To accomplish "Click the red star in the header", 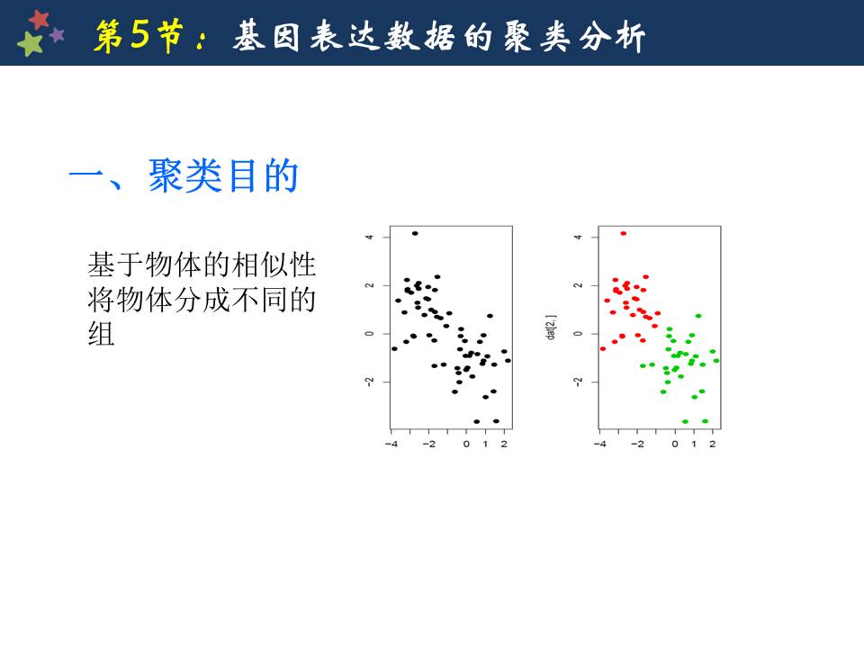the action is tap(39, 19).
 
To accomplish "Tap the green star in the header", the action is tap(31, 43).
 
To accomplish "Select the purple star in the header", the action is tap(58, 35).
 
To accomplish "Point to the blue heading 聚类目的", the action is tap(224, 175).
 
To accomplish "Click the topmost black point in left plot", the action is tap(415, 234).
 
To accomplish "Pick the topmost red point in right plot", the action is tap(623, 234).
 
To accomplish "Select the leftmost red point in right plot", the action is tap(603, 349).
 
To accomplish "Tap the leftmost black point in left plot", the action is tap(394, 349).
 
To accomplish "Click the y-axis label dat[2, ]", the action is tap(552, 328).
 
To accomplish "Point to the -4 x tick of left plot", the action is tap(391, 444).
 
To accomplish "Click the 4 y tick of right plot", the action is tap(578, 237).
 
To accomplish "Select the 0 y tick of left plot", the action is tap(370, 333).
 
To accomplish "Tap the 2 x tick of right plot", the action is tap(713, 444).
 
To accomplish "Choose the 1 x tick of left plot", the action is tap(485, 444).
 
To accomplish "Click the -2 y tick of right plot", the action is tap(578, 382).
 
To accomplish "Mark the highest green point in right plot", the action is tap(698, 316).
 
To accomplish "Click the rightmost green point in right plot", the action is tap(716, 361).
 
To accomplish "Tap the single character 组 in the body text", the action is tap(102, 334).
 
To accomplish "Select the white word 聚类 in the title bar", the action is tap(536, 37).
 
